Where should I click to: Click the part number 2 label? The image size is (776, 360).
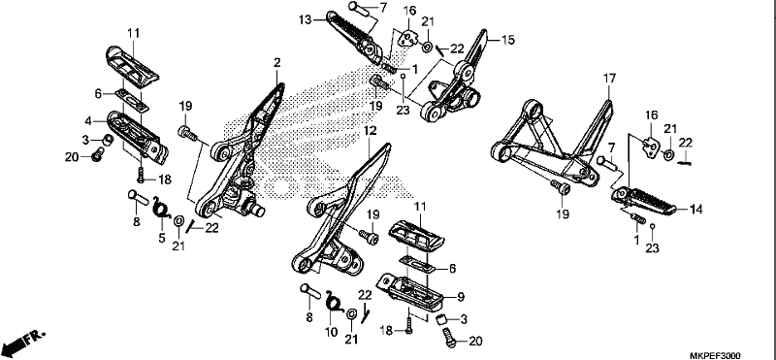(x=277, y=63)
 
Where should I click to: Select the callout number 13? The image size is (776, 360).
(x=306, y=19)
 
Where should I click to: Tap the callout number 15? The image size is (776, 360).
(x=508, y=40)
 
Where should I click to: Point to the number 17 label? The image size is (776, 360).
(x=610, y=79)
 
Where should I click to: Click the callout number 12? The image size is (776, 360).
(x=371, y=131)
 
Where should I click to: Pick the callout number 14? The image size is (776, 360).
(x=696, y=210)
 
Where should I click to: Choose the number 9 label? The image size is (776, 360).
(x=461, y=297)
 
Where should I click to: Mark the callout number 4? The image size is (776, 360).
(x=88, y=120)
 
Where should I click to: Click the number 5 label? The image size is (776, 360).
(x=162, y=238)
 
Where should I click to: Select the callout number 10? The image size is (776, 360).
(x=332, y=332)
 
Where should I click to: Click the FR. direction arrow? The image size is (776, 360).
(x=22, y=341)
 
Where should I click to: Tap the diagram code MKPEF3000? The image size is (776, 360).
(x=715, y=355)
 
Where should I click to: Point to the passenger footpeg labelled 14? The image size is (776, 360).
(x=643, y=201)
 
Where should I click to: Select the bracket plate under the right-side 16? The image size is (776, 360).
(x=651, y=147)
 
